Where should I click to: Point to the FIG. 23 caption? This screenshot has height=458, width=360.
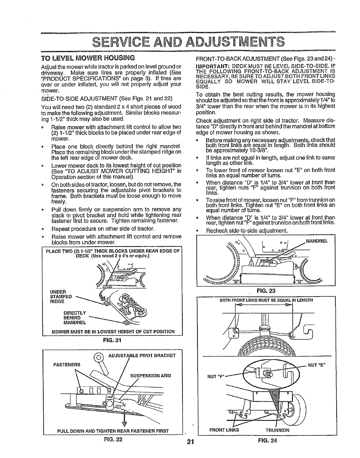tap(265, 290)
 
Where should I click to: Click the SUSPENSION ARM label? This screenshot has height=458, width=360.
tap(151, 376)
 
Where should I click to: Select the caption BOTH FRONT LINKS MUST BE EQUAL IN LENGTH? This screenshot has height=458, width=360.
tap(266, 300)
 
